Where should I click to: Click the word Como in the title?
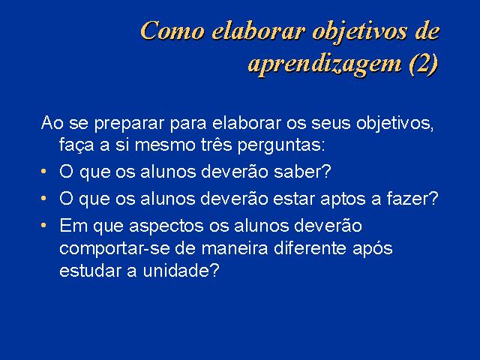click(172, 31)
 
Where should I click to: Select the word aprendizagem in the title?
click(325, 65)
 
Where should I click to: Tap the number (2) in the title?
click(424, 64)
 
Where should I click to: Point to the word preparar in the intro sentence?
click(130, 124)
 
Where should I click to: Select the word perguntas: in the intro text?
click(281, 145)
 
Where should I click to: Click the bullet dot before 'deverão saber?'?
click(43, 172)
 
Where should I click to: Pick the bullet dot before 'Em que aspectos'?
click(43, 226)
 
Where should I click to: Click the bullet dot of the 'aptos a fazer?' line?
click(43, 198)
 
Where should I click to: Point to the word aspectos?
click(166, 226)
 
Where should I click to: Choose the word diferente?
click(310, 247)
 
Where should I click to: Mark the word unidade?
click(181, 270)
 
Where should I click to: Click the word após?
click(372, 248)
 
